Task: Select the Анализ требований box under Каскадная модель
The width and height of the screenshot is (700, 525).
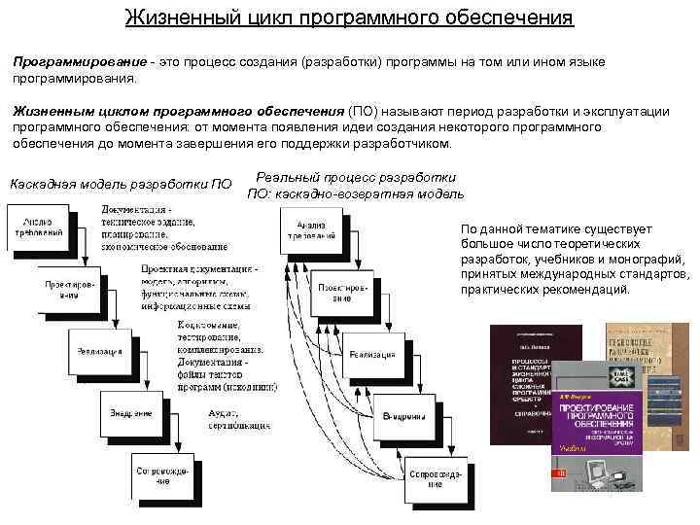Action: pos(39,227)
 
